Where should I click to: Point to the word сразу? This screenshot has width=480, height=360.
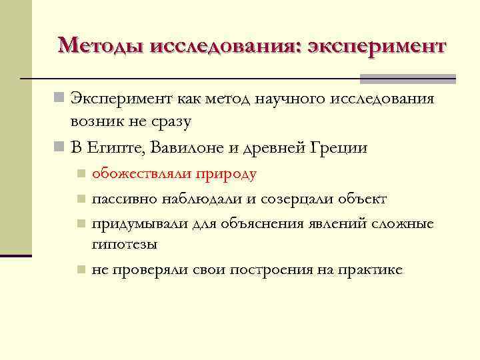[x=169, y=122]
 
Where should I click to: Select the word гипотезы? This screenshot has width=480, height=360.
[x=125, y=244]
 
